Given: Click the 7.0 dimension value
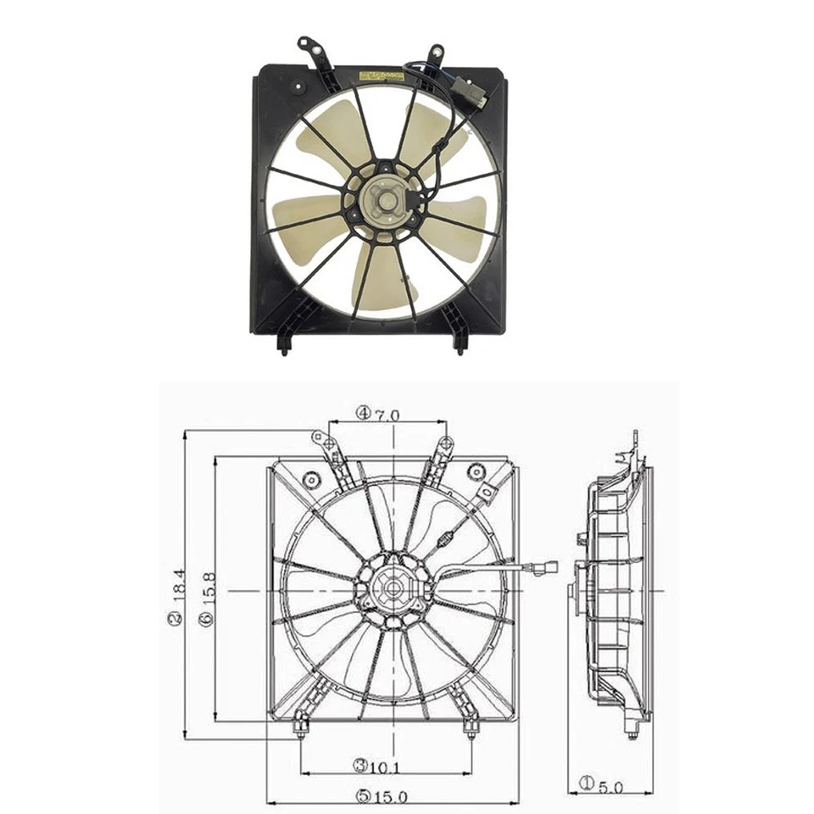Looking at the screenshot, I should click(x=388, y=414).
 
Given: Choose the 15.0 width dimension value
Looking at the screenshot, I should click(x=394, y=796).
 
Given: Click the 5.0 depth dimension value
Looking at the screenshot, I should click(x=610, y=787).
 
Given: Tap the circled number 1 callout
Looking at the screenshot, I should click(x=585, y=784).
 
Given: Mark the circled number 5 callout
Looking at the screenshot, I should click(x=364, y=796).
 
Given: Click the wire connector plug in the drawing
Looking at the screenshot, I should click(x=545, y=566).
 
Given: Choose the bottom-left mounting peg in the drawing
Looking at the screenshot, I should click(x=300, y=728).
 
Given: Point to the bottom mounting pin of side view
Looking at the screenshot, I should click(x=633, y=729).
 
